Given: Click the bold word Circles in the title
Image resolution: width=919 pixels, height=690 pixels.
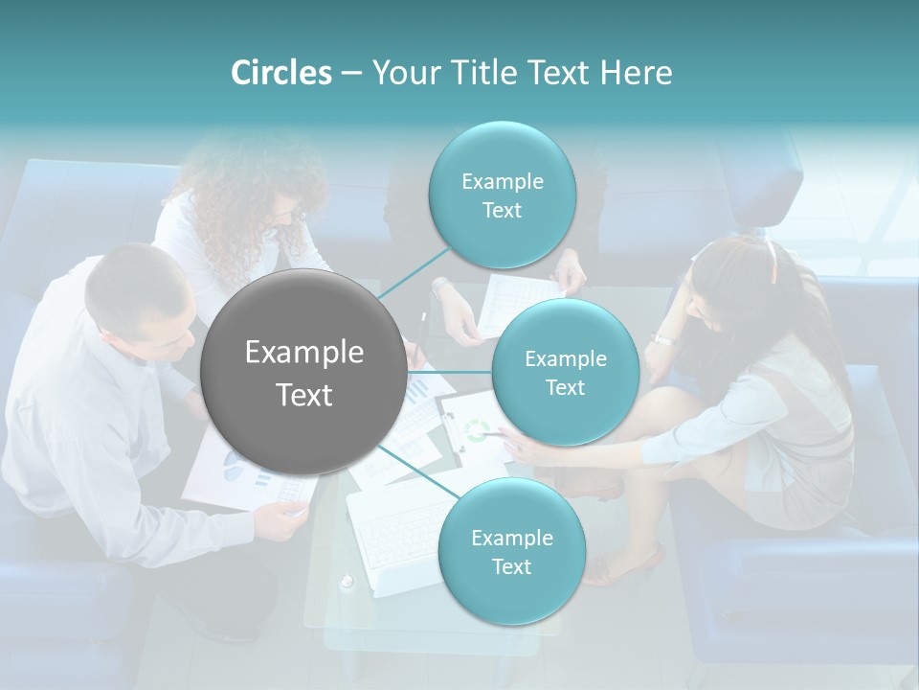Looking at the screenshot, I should click(x=280, y=73).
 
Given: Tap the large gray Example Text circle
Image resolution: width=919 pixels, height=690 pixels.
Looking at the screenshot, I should click(x=303, y=372).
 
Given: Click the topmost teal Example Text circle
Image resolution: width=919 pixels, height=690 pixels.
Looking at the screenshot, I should click(x=502, y=195).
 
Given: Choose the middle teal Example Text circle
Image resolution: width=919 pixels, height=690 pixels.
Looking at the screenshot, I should click(x=565, y=372).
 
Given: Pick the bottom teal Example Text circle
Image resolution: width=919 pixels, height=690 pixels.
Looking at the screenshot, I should click(x=511, y=551).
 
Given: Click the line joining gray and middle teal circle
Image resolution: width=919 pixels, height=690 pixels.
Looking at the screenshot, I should click(x=448, y=372).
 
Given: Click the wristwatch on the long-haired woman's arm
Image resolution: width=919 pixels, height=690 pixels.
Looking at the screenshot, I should click(x=662, y=338).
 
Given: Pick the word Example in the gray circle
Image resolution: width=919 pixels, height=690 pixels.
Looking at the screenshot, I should click(x=303, y=353).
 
